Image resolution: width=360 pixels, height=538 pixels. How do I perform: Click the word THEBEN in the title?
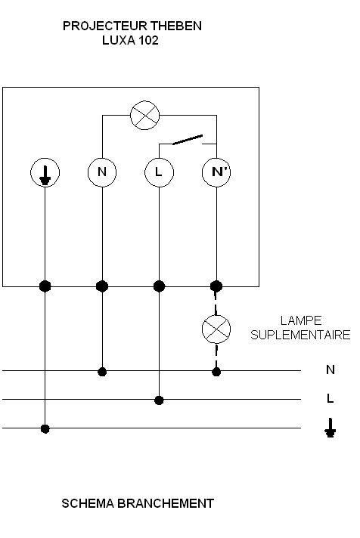click(176, 26)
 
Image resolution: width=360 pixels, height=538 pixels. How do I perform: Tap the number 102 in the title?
click(148, 41)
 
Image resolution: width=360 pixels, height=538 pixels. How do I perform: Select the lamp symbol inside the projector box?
click(145, 116)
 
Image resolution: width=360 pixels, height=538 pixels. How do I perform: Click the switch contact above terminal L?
click(188, 140)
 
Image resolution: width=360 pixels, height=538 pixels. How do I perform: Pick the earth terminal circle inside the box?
click(45, 172)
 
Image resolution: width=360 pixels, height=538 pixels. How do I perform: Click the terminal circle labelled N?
click(102, 172)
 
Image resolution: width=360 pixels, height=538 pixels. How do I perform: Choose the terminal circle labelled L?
click(159, 172)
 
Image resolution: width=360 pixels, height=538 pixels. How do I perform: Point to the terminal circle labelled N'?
click(216, 172)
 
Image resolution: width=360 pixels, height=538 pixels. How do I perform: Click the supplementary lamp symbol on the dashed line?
click(216, 329)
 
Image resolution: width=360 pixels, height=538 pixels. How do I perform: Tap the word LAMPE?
click(301, 321)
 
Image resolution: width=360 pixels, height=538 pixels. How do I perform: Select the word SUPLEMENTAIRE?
click(300, 335)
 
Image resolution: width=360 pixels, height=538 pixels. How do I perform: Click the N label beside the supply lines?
click(330, 370)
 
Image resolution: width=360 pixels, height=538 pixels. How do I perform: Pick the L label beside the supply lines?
click(330, 399)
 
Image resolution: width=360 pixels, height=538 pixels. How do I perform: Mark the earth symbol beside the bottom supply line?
click(330, 428)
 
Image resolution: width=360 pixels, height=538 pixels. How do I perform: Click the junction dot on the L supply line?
click(159, 400)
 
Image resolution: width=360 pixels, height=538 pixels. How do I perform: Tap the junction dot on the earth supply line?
click(45, 428)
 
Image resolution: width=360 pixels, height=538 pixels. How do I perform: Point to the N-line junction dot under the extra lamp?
click(216, 372)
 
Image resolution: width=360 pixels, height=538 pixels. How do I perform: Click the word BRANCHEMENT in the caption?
click(166, 504)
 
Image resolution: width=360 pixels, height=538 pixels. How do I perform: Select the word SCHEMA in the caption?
click(88, 504)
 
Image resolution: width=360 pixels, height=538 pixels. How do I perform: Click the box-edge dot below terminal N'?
click(216, 286)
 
